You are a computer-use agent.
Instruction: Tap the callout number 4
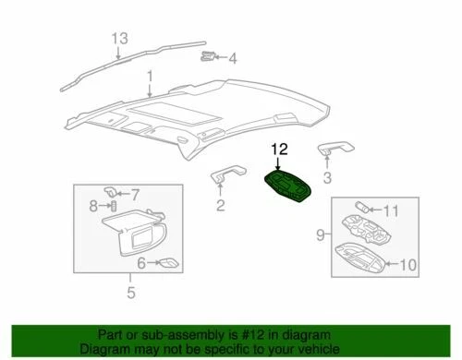pos(233,59)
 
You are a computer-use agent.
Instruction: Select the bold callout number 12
pos(279,148)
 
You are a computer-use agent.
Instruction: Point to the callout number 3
pos(325,177)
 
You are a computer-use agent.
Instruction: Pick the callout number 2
pos(220,205)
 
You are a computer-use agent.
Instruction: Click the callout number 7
pos(135,194)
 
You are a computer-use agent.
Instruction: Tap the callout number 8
pos(93,205)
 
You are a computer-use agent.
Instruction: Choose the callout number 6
pos(141,263)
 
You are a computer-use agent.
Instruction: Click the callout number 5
pos(130,294)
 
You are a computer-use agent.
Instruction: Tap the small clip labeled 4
pos(209,57)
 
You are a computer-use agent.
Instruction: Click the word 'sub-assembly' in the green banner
pos(184,334)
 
